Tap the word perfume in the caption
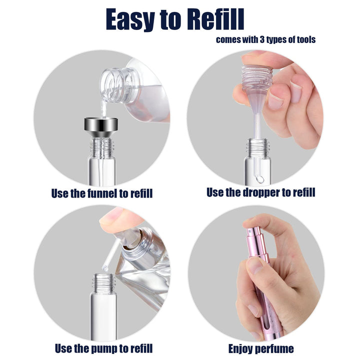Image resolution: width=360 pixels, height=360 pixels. coord(275,348)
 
